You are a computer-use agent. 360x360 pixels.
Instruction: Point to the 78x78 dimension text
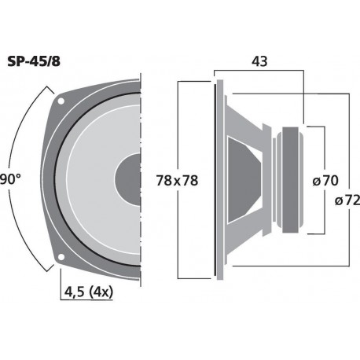click(176, 180)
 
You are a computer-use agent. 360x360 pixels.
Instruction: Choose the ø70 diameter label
click(325, 180)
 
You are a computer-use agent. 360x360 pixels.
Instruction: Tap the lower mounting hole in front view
click(61, 257)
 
